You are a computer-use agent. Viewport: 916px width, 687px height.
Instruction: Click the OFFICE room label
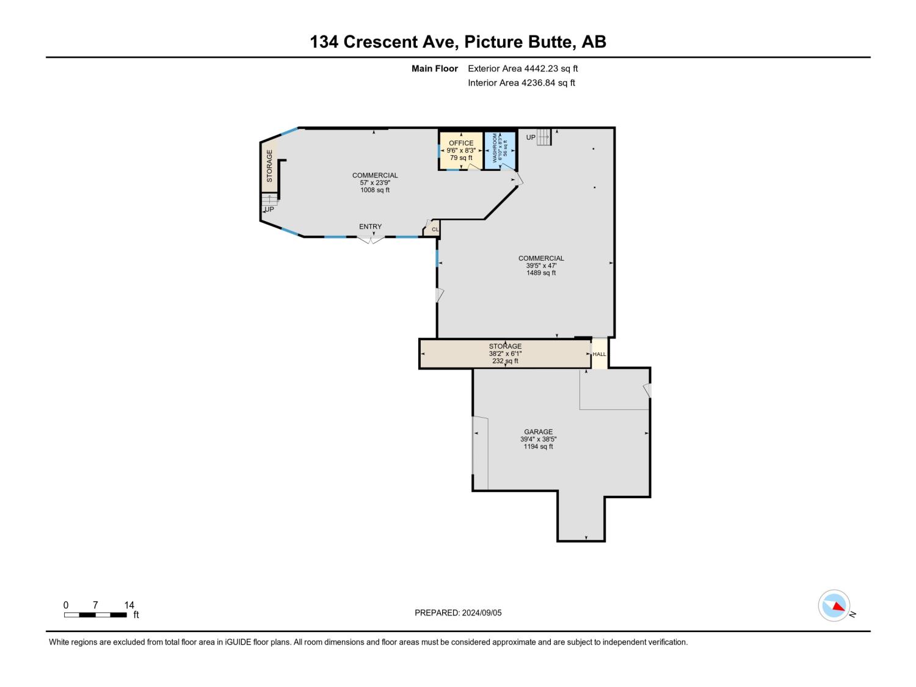[x=460, y=143]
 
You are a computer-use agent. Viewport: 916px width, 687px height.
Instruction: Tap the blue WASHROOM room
[x=500, y=151]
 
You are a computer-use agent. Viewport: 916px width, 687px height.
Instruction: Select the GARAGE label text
[x=539, y=432]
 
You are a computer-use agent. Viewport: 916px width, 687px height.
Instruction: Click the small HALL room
[x=599, y=354]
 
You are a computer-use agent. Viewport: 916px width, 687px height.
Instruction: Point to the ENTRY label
[x=370, y=227]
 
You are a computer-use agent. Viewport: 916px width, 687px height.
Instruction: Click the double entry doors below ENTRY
[x=371, y=240]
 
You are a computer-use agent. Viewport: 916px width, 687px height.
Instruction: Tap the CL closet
[x=433, y=229]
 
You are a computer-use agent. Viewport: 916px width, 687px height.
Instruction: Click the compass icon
[x=834, y=606]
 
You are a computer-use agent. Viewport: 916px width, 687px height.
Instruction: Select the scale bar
[x=95, y=615]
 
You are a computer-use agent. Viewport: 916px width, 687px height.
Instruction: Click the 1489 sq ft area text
[x=541, y=273]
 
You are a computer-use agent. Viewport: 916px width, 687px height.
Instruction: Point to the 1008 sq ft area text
[x=375, y=190]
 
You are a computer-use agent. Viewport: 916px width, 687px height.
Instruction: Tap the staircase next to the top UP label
[x=544, y=137]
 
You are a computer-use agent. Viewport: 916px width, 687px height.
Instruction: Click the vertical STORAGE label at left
[x=269, y=165]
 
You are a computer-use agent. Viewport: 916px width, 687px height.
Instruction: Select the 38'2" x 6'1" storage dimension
[x=505, y=354]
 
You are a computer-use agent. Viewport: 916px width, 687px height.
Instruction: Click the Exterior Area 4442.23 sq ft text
[x=523, y=68]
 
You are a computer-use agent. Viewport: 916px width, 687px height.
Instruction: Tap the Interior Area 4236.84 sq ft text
[x=522, y=82]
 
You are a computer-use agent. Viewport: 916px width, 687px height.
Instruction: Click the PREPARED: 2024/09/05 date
[x=458, y=612]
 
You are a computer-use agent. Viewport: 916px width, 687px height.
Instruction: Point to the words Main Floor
[x=434, y=68]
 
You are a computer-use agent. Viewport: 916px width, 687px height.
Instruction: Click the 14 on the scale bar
[x=129, y=605]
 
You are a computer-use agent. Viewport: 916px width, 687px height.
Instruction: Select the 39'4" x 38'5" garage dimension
[x=539, y=439]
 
